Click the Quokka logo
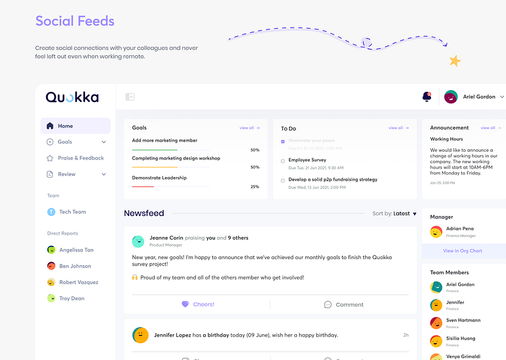pos(72,97)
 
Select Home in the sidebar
pos(65,126)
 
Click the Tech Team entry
pos(72,212)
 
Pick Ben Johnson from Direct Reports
pos(75,266)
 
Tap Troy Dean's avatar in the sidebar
pos(52,298)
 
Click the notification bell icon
pos(427,97)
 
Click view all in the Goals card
pos(249,128)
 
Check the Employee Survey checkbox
pos(283,161)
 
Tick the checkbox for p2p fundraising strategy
pos(283,180)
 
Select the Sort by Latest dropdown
pos(394,214)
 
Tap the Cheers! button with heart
pos(198,304)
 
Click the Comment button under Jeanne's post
pos(344,304)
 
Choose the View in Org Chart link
pos(462,251)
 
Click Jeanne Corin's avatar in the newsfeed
pos(138,241)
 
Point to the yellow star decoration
pos(455,61)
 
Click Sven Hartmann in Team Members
pos(463,320)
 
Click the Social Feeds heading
pos(75,21)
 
